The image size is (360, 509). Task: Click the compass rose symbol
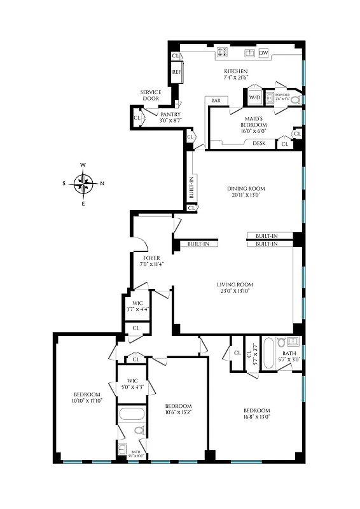pyautogui.click(x=83, y=185)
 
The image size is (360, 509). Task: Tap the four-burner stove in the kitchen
pyautogui.click(x=225, y=53)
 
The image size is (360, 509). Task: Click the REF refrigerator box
pyautogui.click(x=177, y=72)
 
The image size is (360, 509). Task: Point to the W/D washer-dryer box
pyautogui.click(x=254, y=97)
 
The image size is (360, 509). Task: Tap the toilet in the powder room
pyautogui.click(x=294, y=99)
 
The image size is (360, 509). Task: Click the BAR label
pyautogui.click(x=216, y=101)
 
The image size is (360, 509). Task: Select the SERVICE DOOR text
pyautogui.click(x=151, y=96)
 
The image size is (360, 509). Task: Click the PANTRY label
pyautogui.click(x=161, y=115)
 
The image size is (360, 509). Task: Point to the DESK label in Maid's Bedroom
pyautogui.click(x=259, y=143)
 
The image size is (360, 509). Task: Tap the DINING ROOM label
pyautogui.click(x=246, y=189)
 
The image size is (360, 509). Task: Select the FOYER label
pyautogui.click(x=151, y=258)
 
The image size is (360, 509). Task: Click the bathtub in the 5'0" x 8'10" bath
pyautogui.click(x=133, y=414)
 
